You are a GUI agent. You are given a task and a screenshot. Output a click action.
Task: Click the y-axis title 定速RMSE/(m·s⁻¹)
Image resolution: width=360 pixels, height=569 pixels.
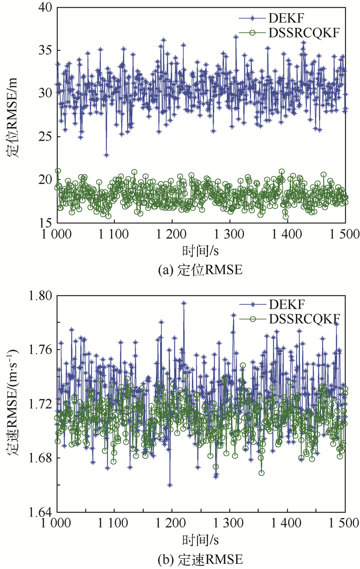pos(14,403)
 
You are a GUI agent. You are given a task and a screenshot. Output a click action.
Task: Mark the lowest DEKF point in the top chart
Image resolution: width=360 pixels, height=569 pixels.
pos(106,155)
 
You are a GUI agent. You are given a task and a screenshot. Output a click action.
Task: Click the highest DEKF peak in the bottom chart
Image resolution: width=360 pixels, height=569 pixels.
pos(184,303)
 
